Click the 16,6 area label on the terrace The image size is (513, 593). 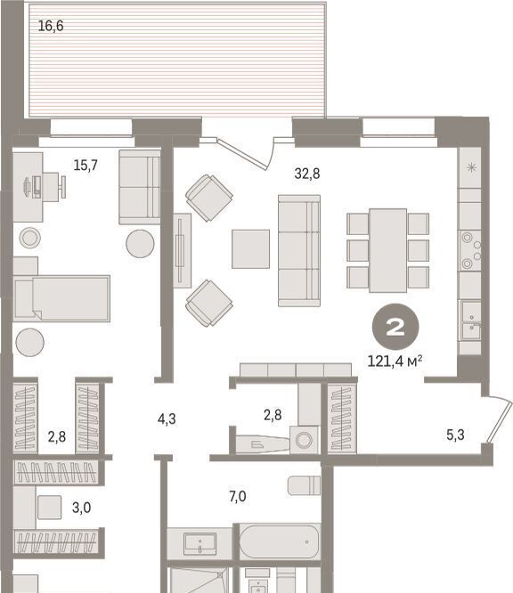pos(51,26)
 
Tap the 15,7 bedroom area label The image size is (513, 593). pos(85,166)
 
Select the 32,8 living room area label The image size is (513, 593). pos(307,174)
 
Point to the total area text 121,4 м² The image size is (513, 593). pos(395,361)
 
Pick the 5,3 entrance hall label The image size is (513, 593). pos(455,435)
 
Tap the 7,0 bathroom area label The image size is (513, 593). pos(238,496)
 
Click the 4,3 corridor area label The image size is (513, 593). pos(167,419)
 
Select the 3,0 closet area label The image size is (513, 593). pos(81,508)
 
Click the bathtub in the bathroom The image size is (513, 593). pos(280,541)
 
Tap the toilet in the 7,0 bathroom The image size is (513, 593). pos(304,485)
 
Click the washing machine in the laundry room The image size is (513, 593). pos(305,440)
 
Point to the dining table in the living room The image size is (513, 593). pos(388,250)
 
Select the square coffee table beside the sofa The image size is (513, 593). pos(251,248)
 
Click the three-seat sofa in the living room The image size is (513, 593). pos(299,250)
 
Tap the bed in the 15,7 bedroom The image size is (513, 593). pos(62,299)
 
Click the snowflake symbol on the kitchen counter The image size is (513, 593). pos(471,167)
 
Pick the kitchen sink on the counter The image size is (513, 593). pos(470,321)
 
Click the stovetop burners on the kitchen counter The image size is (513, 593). pos(470,250)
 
